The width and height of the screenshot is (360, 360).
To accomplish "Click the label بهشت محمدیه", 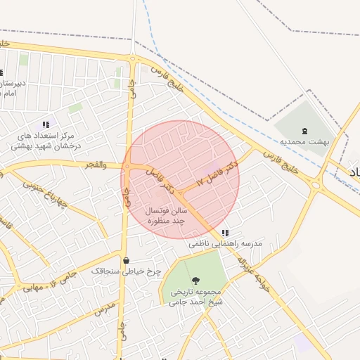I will pos(305,141).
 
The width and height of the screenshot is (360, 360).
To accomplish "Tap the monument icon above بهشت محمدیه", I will pos(304,131).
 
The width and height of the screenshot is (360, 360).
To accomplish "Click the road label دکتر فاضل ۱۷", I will pos(217,173).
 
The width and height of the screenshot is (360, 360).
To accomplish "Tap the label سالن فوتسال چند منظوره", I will pos(166,215).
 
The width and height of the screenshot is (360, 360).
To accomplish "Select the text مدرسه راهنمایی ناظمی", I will pos(225,243).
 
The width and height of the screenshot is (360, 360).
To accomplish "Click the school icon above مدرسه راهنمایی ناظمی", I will pos(225,233).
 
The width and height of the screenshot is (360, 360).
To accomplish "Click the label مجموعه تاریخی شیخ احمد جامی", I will pos(195,297).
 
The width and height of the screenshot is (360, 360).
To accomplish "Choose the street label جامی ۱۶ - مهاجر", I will pos(46,283).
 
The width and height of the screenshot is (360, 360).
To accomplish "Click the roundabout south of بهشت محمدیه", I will pos(316,186).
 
